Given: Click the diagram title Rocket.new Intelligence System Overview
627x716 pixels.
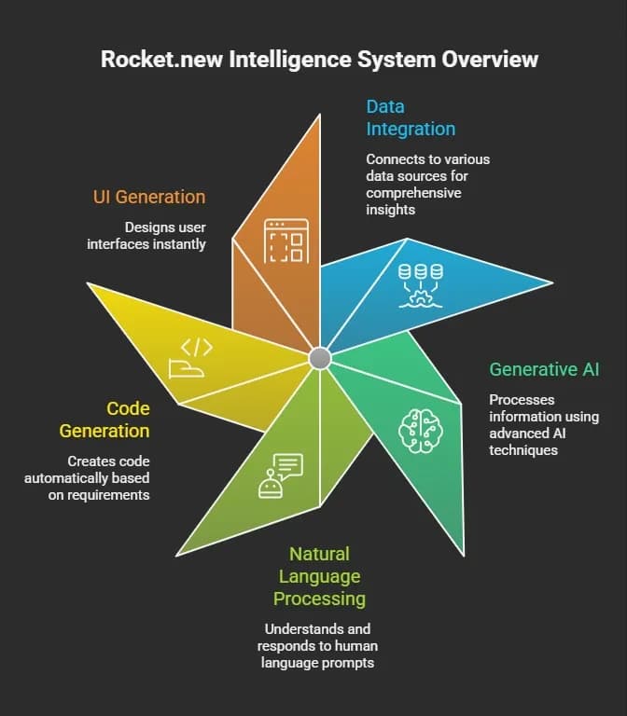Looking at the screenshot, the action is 319,60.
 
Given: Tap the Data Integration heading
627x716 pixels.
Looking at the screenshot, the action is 411,117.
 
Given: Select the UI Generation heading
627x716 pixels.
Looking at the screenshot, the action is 149,197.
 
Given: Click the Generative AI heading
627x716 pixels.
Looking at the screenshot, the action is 544,369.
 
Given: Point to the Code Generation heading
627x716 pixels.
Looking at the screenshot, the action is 104,420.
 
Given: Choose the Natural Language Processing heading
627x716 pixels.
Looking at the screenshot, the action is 319,576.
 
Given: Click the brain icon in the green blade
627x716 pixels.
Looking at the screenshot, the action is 421,431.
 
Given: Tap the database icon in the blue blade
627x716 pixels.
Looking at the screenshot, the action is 421,286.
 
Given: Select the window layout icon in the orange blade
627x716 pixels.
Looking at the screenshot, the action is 286,241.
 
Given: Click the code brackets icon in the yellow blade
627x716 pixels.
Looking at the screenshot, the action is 190,358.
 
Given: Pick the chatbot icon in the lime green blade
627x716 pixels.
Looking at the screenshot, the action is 281,475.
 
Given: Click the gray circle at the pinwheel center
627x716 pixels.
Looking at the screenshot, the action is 320,358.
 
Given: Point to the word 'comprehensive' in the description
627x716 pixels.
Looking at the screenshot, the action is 413,193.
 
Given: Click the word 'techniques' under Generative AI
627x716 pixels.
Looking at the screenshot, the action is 523,450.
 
